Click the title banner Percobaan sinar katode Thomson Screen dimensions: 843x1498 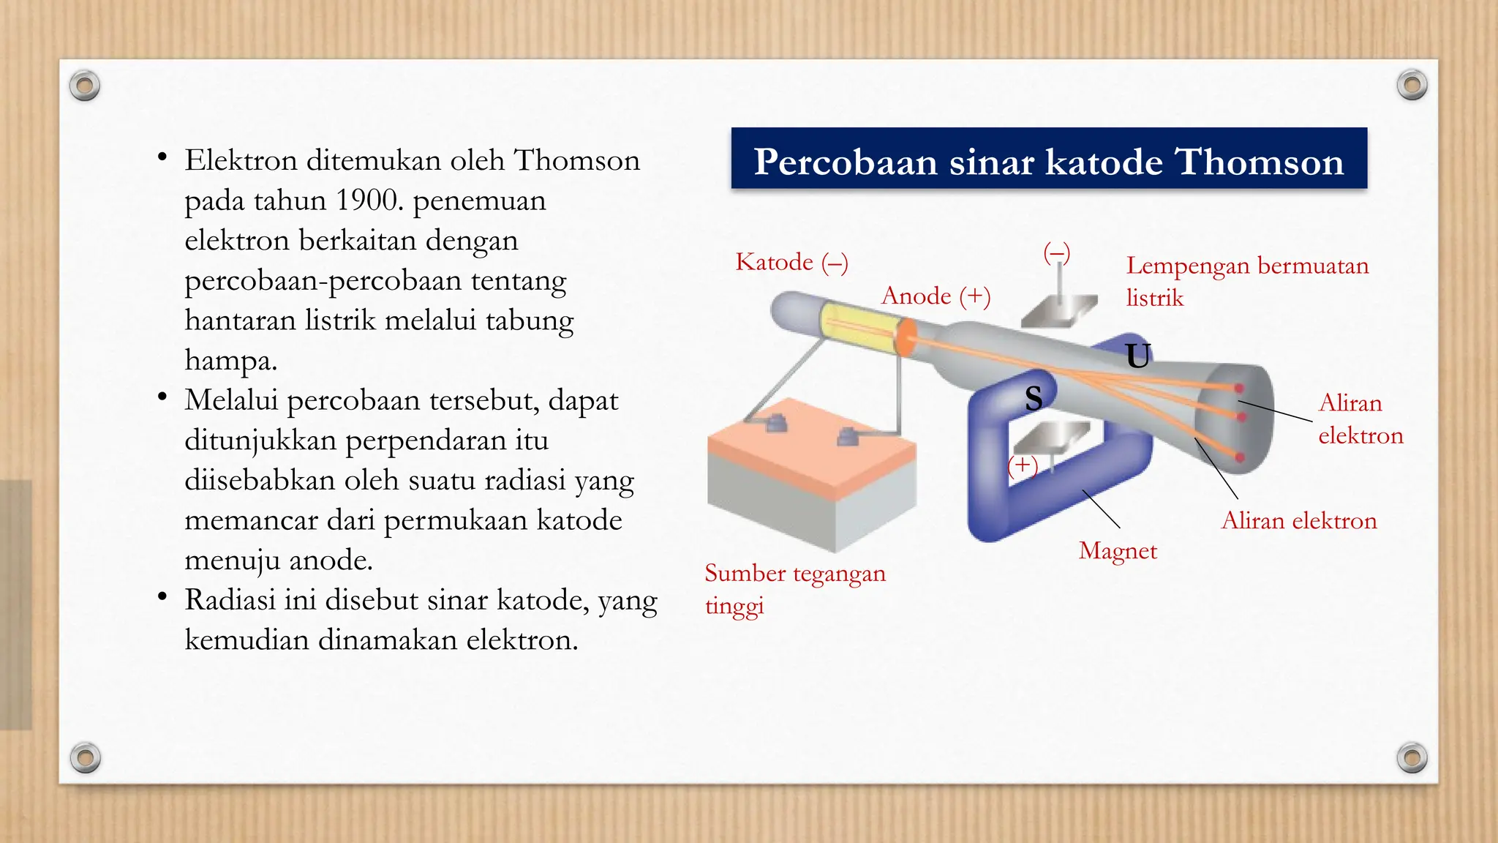tap(1048, 160)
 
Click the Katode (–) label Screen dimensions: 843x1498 tap(791, 262)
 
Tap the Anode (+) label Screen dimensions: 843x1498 tap(936, 296)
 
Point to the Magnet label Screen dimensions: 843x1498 tap(1118, 550)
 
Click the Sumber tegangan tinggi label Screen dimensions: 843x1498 tap(794, 588)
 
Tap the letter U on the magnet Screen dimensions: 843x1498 tap(1138, 356)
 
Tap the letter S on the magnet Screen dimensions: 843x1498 tap(1034, 398)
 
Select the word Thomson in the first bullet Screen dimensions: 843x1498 tap(576, 160)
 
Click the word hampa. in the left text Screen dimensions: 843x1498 tap(230, 360)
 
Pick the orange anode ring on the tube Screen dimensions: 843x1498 tap(906, 337)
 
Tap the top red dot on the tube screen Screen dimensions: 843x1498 tap(1239, 388)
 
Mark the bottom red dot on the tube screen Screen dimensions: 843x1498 tap(1240, 457)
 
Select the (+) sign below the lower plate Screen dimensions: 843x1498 tap(1023, 465)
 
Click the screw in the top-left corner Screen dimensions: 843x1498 tap(84, 86)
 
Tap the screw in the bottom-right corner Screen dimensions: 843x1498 tap(1412, 757)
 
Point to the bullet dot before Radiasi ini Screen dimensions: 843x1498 tap(162, 597)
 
